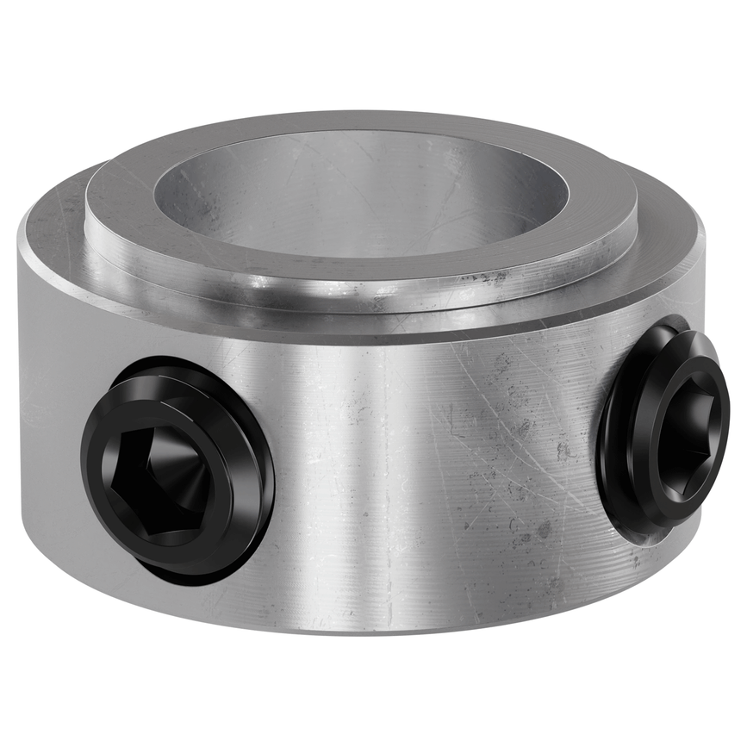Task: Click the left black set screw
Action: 177,470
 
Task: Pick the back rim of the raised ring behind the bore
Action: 362,121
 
